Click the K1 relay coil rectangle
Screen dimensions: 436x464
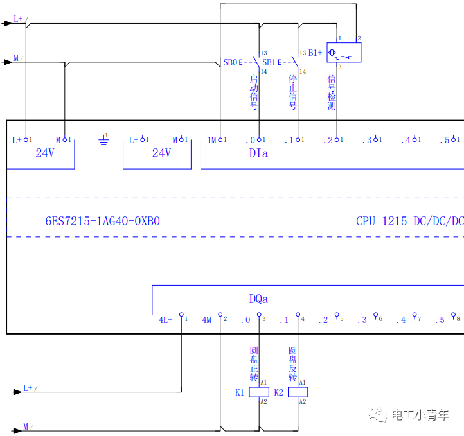coord(259,392)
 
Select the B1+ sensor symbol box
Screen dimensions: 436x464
coord(344,53)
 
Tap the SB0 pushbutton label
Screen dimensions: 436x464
coord(230,63)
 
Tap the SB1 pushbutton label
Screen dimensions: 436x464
coord(269,63)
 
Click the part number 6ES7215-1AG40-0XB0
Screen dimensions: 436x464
coord(102,221)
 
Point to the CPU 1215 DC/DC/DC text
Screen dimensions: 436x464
coord(409,221)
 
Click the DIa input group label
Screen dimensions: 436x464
coord(258,153)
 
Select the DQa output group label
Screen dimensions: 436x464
coord(258,299)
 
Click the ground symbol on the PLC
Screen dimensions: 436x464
coord(103,140)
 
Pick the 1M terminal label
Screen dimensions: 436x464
coord(211,140)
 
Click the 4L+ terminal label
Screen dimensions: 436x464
coord(166,320)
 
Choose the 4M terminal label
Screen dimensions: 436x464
coord(206,320)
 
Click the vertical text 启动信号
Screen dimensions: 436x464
coord(254,92)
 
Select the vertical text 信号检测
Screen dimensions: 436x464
coord(332,92)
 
